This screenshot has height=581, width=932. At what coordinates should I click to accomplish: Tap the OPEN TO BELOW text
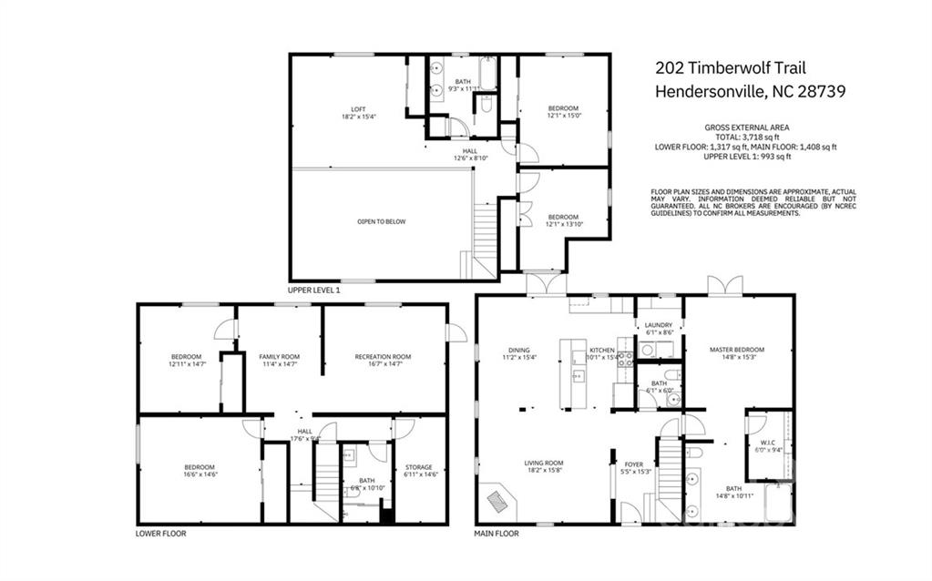click(381, 221)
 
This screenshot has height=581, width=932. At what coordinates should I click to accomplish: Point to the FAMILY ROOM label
click(279, 357)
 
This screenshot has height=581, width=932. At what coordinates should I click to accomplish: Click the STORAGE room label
click(419, 467)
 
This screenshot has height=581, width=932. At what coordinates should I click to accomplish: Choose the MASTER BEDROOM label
click(737, 350)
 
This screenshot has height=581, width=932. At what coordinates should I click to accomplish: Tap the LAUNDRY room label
click(658, 325)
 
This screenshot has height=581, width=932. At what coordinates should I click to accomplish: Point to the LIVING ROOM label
click(544, 464)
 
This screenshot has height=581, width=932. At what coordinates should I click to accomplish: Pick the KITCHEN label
click(601, 350)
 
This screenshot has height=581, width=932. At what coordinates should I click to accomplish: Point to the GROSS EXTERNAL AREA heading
click(746, 127)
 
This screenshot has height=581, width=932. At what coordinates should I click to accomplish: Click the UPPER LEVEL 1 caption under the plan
click(313, 290)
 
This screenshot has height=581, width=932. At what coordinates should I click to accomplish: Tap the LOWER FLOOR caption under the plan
click(160, 534)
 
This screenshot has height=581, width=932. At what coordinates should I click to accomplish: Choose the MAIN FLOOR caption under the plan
click(497, 534)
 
